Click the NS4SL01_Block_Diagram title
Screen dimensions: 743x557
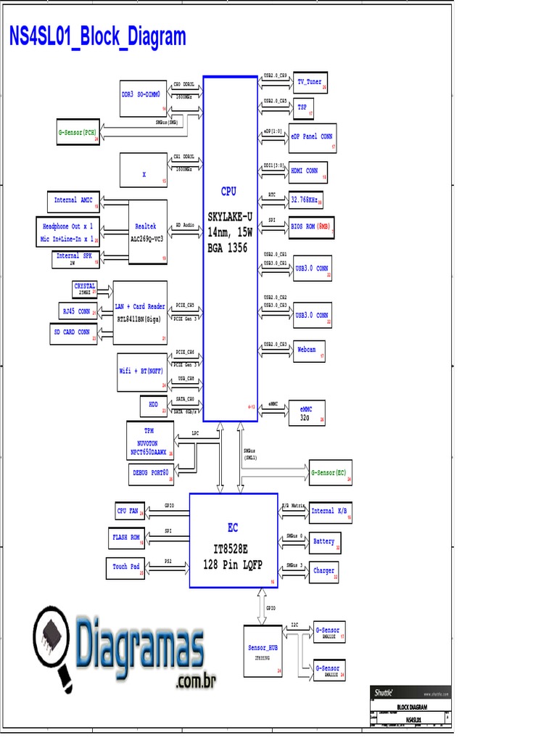pyautogui.click(x=97, y=37)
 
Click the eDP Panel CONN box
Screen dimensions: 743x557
pyautogui.click(x=313, y=136)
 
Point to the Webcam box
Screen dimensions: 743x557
pyautogui.click(x=308, y=350)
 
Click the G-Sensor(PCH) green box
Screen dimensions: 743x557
pyautogui.click(x=78, y=133)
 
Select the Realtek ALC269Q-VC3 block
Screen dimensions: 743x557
pyautogui.click(x=147, y=231)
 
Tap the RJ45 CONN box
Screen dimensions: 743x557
pyautogui.click(x=77, y=311)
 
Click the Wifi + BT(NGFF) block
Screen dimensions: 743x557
pyautogui.click(x=143, y=371)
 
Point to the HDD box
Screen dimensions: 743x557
pyautogui.click(x=154, y=405)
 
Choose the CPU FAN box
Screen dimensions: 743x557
pyautogui.click(x=128, y=511)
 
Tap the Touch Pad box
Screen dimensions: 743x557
pyautogui.click(x=127, y=567)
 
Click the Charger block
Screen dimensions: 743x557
pyautogui.click(x=324, y=570)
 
